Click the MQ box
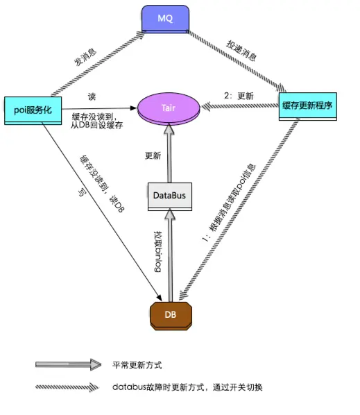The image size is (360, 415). tap(167, 19)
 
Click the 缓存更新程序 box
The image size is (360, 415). tap(307, 105)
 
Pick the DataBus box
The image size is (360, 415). tap(170, 196)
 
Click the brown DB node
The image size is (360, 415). tap(170, 314)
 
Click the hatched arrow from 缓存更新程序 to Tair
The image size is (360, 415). tap(239, 106)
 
